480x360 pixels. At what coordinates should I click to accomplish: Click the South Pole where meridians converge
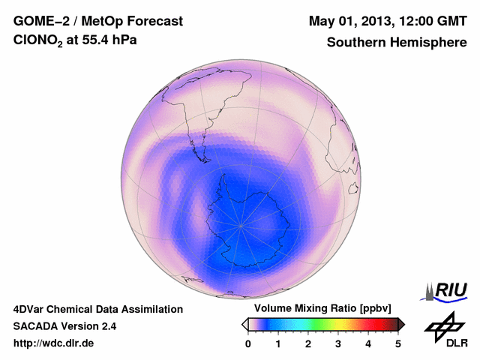pos(241,224)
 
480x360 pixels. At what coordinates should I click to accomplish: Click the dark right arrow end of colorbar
pos(401,324)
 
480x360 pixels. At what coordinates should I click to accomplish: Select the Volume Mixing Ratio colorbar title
pos(319,308)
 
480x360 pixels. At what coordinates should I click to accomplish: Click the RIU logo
pos(445,289)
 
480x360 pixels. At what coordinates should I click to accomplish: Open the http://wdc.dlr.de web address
pos(54,343)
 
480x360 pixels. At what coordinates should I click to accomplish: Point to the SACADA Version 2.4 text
pos(64,326)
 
